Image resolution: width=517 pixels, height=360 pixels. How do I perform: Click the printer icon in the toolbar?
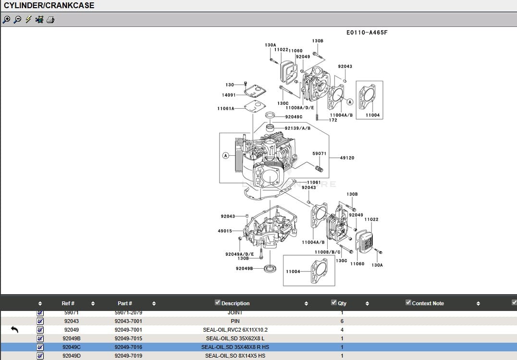pyautogui.click(x=50, y=20)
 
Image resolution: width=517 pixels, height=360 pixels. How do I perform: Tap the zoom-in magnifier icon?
pyautogui.click(x=6, y=20)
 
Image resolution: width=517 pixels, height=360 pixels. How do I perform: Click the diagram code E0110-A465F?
pyautogui.click(x=367, y=33)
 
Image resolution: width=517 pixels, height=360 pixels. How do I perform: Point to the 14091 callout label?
pyautogui.click(x=229, y=95)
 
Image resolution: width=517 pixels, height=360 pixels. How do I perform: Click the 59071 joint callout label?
pyautogui.click(x=320, y=154)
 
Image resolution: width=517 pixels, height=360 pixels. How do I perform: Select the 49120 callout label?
pyautogui.click(x=347, y=158)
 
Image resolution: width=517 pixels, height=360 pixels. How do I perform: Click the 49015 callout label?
pyautogui.click(x=225, y=231)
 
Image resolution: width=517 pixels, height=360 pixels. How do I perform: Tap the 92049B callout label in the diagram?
pyautogui.click(x=244, y=268)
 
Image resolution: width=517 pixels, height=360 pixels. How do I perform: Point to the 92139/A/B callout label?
pyautogui.click(x=297, y=128)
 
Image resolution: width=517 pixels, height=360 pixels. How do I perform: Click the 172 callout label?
pyautogui.click(x=333, y=120)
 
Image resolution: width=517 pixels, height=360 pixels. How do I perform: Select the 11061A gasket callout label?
pyautogui.click(x=226, y=109)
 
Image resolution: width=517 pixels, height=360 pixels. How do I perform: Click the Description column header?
pyautogui.click(x=235, y=303)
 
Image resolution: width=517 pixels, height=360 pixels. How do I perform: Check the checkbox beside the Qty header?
pyautogui.click(x=334, y=302)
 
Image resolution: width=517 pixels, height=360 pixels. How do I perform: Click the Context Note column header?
pyautogui.click(x=428, y=303)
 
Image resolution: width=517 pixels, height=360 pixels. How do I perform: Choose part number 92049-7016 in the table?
pyautogui.click(x=128, y=347)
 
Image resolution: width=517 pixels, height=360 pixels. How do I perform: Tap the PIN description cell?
pyautogui.click(x=235, y=321)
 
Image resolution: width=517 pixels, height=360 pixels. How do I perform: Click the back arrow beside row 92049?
pyautogui.click(x=14, y=330)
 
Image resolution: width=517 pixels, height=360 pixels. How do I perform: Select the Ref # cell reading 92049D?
pyautogui.click(x=72, y=356)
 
